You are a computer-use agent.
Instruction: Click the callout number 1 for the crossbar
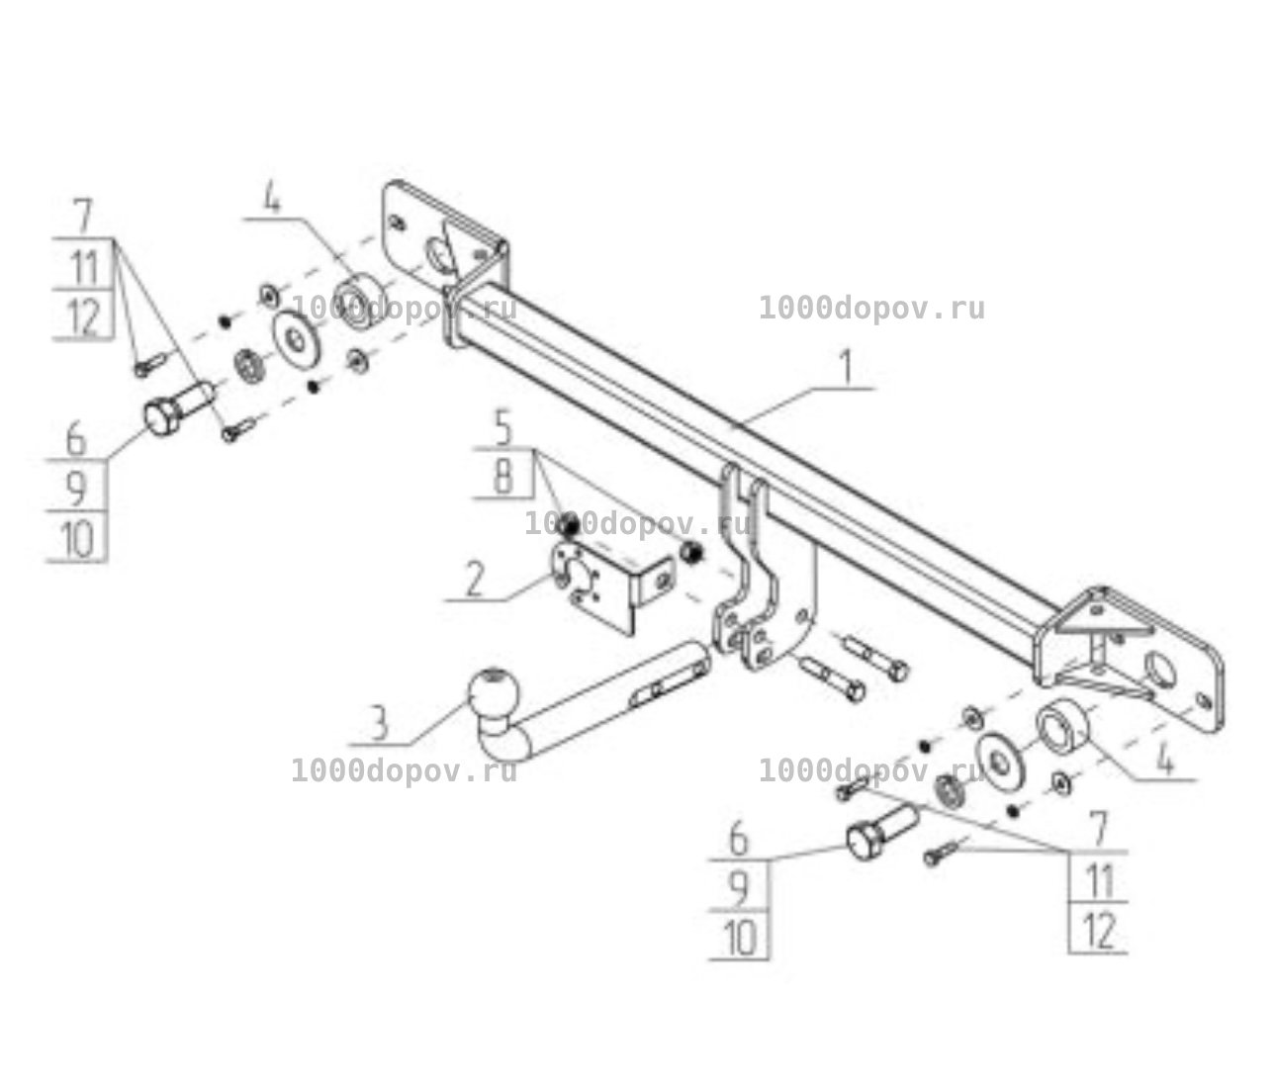[x=847, y=366]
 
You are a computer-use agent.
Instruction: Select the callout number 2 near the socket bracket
[x=474, y=580]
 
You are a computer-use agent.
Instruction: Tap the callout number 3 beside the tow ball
[x=379, y=723]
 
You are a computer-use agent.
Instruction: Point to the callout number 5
[x=503, y=428]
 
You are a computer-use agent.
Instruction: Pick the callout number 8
[x=503, y=477]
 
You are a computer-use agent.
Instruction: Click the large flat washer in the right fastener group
[x=1000, y=763]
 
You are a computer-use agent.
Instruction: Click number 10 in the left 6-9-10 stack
[x=78, y=539]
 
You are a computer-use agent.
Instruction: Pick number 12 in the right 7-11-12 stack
[x=1100, y=931]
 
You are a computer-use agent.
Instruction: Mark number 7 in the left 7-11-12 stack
[x=82, y=216]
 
